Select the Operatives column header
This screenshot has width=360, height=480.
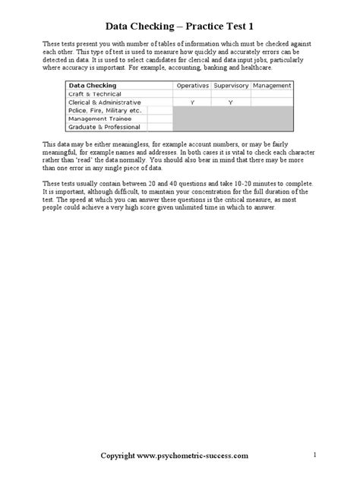(192, 85)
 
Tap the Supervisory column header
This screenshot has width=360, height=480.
(231, 85)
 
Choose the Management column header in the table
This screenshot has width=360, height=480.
(270, 85)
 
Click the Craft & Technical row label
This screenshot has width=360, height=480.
(94, 93)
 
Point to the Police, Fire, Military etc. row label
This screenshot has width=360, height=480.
(106, 110)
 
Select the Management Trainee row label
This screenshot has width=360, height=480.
(99, 118)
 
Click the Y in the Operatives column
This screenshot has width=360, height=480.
(192, 102)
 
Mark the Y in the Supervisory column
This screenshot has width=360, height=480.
(231, 102)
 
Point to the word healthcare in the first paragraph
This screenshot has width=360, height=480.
(252, 68)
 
